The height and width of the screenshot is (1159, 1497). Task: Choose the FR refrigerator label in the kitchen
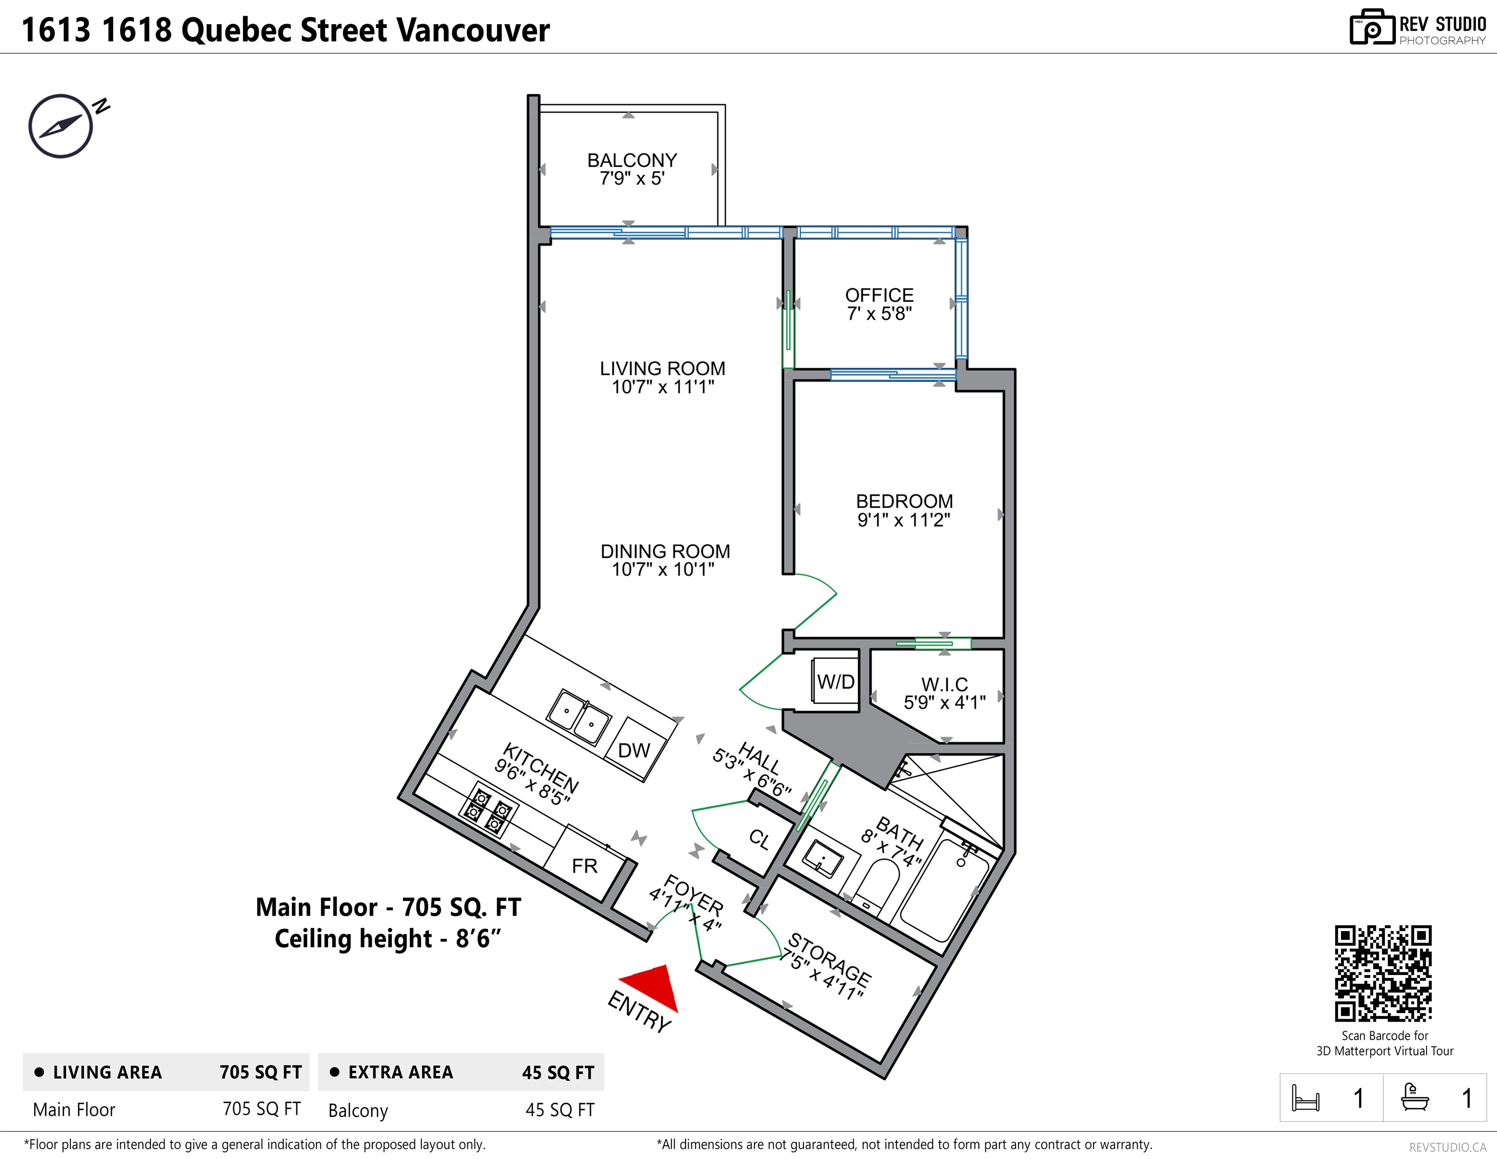coord(585,866)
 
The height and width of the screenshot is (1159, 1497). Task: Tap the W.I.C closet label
coord(945,684)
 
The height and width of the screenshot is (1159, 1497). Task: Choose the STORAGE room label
coord(829,958)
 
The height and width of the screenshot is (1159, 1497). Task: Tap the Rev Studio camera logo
coord(1372,28)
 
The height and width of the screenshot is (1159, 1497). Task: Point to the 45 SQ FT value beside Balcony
coord(559,1110)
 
